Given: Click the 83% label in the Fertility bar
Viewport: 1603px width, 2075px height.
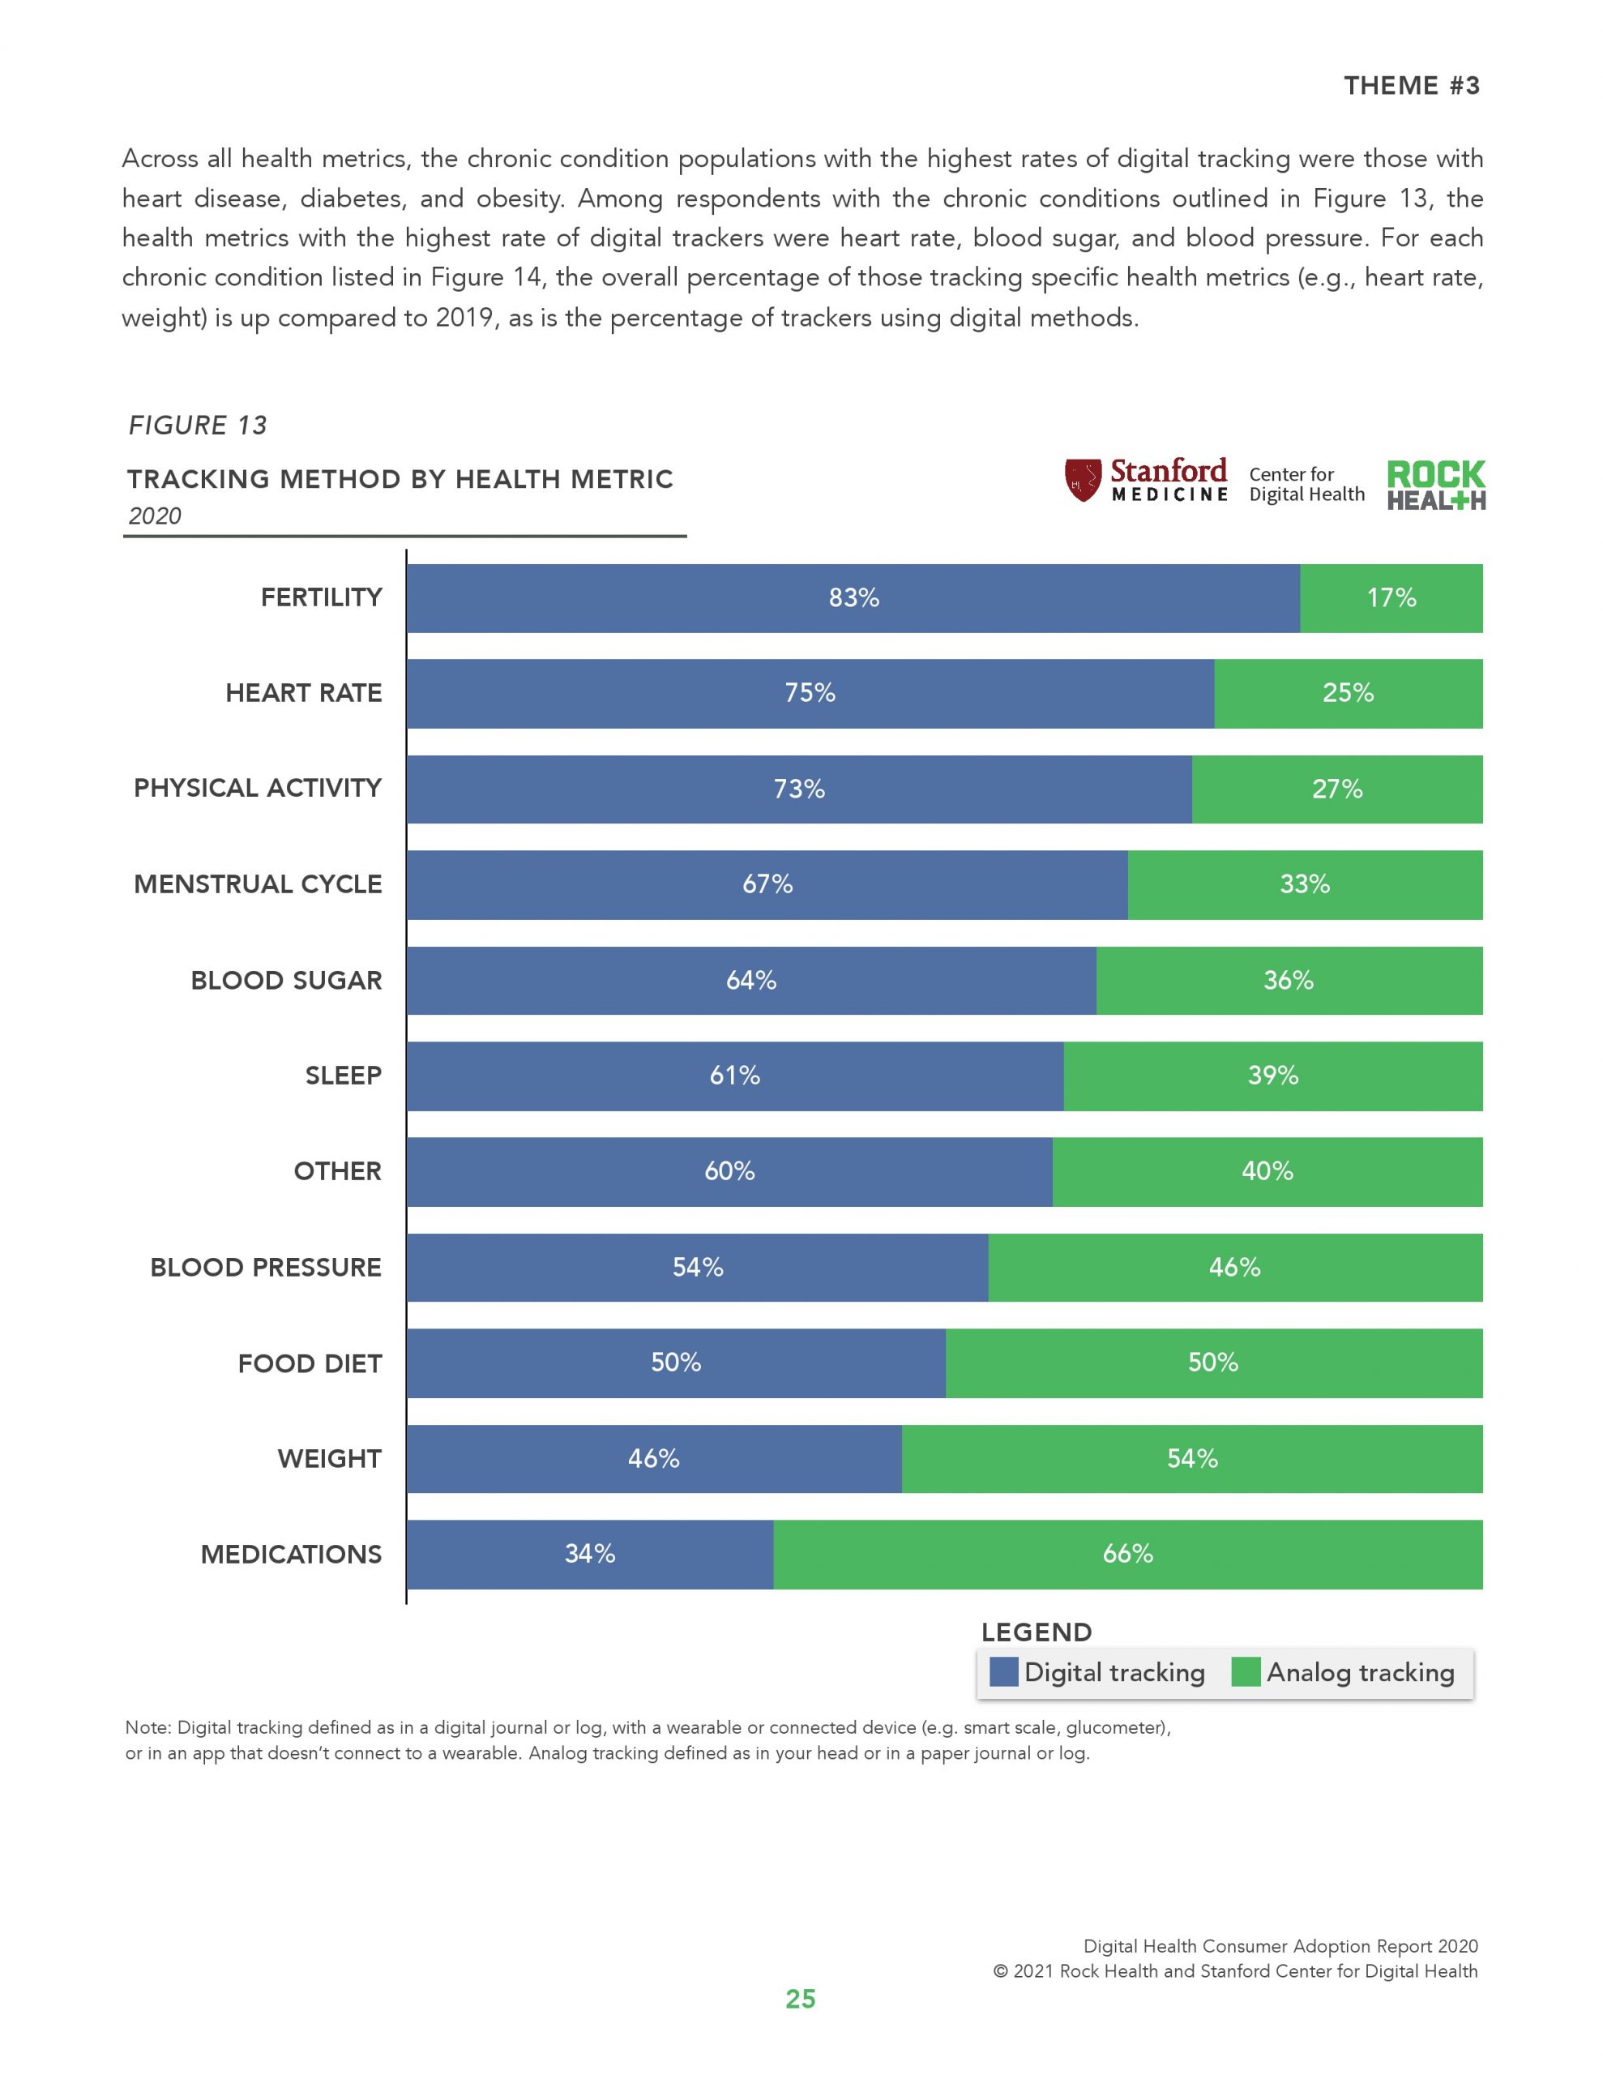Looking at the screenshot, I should pyautogui.click(x=853, y=597).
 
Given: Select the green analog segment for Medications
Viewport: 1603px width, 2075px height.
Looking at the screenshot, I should pyautogui.click(x=1127, y=1555).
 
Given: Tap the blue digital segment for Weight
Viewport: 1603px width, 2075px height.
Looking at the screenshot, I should pyautogui.click(x=654, y=1458).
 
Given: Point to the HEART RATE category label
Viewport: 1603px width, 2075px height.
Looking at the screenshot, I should pyautogui.click(x=303, y=693).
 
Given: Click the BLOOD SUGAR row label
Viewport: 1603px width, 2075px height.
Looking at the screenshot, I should pyautogui.click(x=286, y=981).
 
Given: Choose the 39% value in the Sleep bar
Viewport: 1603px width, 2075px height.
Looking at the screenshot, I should pyautogui.click(x=1272, y=1076).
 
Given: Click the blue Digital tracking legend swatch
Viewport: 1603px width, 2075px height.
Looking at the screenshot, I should pyautogui.click(x=1003, y=1672).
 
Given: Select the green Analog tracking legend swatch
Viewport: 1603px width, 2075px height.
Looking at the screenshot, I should pyautogui.click(x=1245, y=1672).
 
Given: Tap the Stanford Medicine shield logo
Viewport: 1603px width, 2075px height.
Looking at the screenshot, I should pyautogui.click(x=1082, y=480).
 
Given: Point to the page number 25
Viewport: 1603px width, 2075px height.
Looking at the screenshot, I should pyautogui.click(x=800, y=1999).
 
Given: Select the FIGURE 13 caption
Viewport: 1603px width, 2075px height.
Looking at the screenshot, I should pyautogui.click(x=198, y=425).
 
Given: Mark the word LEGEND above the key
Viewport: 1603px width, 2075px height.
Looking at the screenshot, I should pyautogui.click(x=1037, y=1632).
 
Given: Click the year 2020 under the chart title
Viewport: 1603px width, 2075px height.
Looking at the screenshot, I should pyautogui.click(x=155, y=516).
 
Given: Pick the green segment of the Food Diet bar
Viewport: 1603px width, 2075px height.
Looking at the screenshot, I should pyautogui.click(x=1213, y=1363).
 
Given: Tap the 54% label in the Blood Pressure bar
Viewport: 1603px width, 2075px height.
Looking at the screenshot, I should pyautogui.click(x=698, y=1268).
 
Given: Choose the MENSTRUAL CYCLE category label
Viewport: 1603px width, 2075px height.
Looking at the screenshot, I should pyautogui.click(x=258, y=884).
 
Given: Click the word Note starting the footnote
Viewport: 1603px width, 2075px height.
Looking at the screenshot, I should pyautogui.click(x=147, y=1727).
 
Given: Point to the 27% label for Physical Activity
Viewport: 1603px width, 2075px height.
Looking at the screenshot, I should pyautogui.click(x=1337, y=789).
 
